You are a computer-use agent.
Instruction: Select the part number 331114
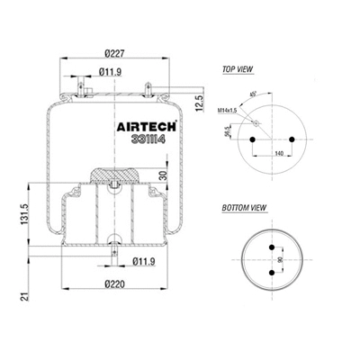(141, 141)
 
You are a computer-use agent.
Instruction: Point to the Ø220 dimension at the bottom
(112, 285)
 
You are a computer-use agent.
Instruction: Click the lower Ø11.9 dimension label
(142, 262)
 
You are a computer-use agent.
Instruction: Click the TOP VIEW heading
(237, 68)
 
